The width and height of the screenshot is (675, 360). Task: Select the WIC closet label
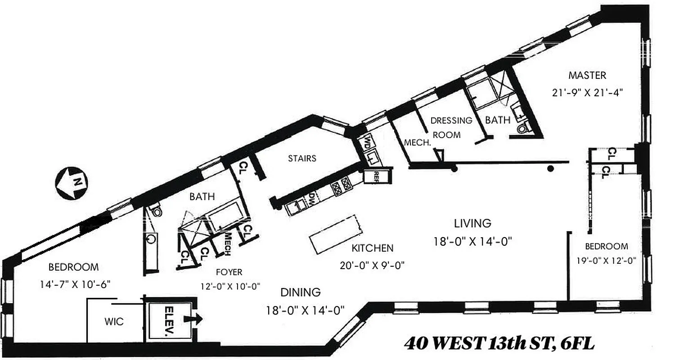(x=113, y=322)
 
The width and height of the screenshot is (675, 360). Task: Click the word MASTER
(x=587, y=75)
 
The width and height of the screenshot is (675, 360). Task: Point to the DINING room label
(x=301, y=292)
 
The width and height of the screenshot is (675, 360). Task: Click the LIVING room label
(x=472, y=223)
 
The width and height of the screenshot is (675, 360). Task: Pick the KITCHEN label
(x=372, y=248)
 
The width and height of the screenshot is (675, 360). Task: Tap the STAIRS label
(x=302, y=158)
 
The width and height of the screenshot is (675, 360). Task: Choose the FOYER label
(x=229, y=272)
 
